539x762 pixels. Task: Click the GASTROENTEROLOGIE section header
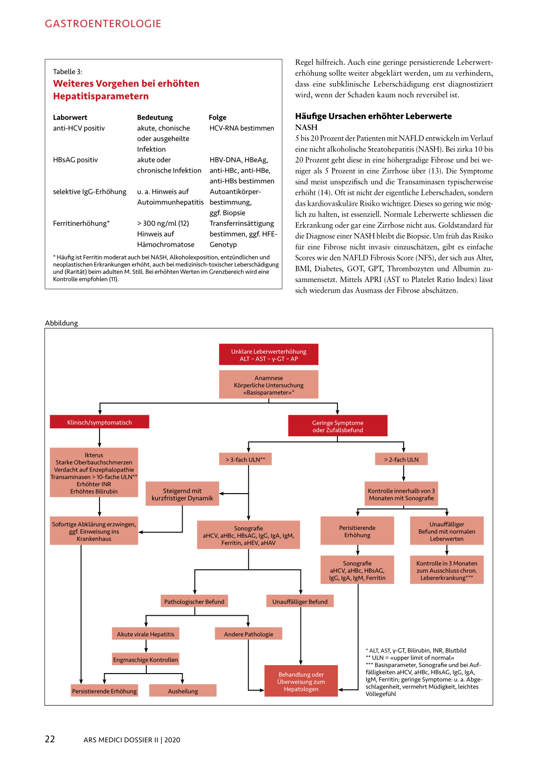coord(103,24)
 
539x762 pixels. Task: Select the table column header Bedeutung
coord(155,117)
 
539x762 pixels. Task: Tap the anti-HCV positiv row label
coord(79,128)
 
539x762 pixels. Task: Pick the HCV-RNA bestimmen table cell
coord(242,128)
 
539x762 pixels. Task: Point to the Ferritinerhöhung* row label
coord(81,223)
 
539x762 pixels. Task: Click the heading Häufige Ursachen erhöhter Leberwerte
coord(373,116)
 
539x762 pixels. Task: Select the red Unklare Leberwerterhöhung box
coord(268,355)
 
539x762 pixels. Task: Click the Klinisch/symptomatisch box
coord(99,422)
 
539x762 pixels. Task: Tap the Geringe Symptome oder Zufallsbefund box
coord(337,426)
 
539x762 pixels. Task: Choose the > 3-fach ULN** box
coord(245,459)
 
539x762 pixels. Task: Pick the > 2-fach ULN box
coord(401,459)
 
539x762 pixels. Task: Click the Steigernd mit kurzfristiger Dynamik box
coord(182,494)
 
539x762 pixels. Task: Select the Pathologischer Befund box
coord(194,601)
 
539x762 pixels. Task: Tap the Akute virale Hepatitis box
coord(145,634)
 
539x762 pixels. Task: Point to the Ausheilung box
coord(183,691)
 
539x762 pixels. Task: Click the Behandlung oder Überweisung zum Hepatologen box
coord(301,681)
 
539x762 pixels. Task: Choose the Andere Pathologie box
coord(248,634)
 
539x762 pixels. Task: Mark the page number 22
coord(50,739)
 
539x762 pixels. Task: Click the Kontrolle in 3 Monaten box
coord(446,570)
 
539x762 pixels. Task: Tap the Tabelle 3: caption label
coord(67,72)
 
